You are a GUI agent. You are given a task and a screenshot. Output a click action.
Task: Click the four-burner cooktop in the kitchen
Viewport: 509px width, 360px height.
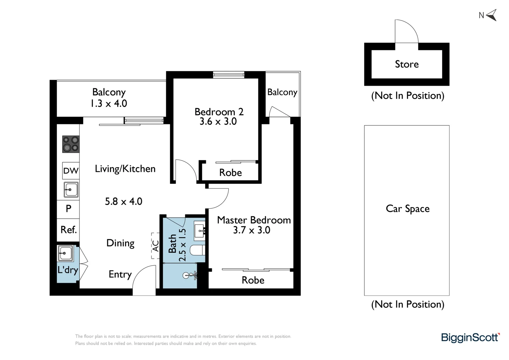(71, 144)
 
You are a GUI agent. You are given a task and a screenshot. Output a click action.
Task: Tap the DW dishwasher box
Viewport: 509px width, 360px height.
(71, 171)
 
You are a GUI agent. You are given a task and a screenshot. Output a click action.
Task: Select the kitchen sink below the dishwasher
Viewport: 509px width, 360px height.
(71, 190)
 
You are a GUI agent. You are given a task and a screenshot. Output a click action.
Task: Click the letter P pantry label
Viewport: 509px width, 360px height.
(68, 209)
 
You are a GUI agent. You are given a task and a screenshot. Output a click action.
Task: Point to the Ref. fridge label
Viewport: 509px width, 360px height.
(68, 230)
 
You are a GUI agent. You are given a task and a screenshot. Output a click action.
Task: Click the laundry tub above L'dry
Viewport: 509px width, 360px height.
(65, 253)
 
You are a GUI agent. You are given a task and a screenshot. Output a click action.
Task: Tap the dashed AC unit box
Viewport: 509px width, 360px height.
(155, 246)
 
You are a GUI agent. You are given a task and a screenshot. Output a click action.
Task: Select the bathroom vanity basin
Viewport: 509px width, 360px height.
(199, 230)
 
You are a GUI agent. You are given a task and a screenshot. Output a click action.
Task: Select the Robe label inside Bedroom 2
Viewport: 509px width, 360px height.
(230, 173)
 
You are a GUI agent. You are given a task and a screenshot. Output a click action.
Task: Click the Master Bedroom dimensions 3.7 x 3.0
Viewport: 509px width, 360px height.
(252, 230)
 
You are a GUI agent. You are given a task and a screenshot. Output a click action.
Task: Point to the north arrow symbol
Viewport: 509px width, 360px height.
(491, 15)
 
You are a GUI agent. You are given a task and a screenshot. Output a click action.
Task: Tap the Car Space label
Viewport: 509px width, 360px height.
(407, 209)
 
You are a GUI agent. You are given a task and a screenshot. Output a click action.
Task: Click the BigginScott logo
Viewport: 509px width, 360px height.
(470, 338)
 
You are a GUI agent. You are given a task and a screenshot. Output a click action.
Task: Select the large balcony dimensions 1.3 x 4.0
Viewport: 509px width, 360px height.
(109, 103)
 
